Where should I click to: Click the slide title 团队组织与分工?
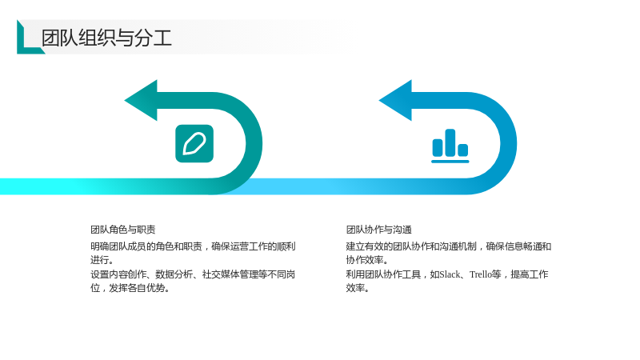[x=106, y=38]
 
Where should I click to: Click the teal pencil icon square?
[x=194, y=144]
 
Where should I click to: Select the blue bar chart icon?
[x=450, y=146]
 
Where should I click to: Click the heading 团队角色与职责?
[x=123, y=230]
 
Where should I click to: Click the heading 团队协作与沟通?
[x=378, y=230]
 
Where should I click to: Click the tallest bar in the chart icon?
[x=450, y=142]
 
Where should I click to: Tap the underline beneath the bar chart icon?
[x=450, y=162]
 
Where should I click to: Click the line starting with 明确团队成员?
[x=193, y=246]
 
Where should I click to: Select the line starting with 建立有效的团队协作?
[x=449, y=246]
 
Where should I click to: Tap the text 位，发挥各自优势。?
[x=130, y=288]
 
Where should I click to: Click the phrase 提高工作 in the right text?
[x=530, y=274]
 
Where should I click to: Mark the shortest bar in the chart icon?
[x=463, y=150]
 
